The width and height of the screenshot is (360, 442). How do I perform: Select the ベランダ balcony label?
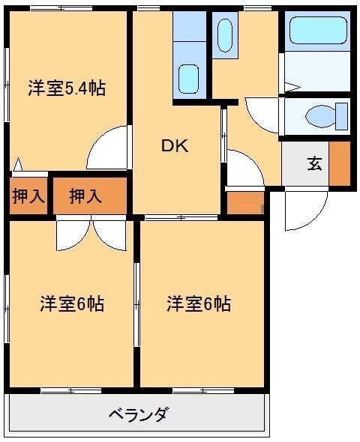[138, 414]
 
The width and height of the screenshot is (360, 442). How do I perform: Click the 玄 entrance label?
[313, 163]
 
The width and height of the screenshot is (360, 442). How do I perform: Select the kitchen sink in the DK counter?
[189, 78]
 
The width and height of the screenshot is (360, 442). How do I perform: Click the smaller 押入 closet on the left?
[28, 196]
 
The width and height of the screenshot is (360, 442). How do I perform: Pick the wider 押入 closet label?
[85, 196]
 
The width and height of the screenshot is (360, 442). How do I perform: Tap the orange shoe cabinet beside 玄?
[340, 163]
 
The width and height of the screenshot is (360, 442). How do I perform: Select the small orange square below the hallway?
[241, 203]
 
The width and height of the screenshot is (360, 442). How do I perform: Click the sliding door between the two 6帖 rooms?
[137, 303]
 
